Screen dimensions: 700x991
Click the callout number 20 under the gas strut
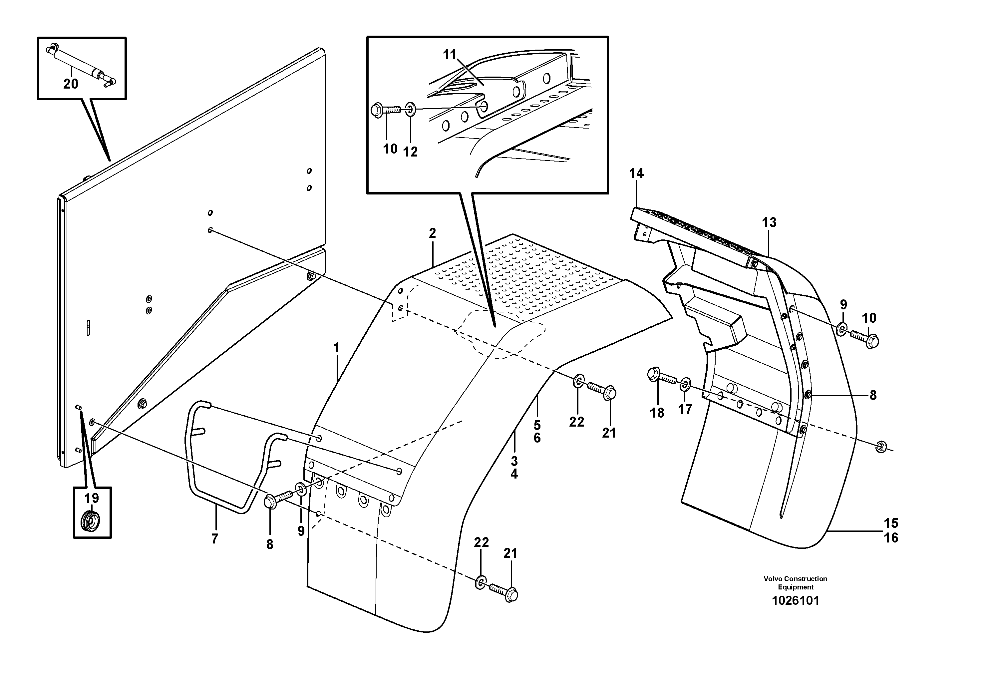[71, 84]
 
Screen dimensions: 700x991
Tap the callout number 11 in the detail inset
[450, 55]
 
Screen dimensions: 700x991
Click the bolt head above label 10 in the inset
[377, 109]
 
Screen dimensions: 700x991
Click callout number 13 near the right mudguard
[769, 223]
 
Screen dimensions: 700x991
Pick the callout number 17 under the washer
[685, 409]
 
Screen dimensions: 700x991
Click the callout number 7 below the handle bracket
[214, 538]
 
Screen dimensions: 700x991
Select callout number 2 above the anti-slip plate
[432, 233]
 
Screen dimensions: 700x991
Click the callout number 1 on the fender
[337, 347]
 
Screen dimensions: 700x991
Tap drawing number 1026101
[795, 601]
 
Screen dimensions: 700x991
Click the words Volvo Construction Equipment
[795, 583]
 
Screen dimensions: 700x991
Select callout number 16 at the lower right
[891, 538]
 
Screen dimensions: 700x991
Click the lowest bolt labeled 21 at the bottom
[510, 594]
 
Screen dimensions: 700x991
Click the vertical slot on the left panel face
[88, 328]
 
